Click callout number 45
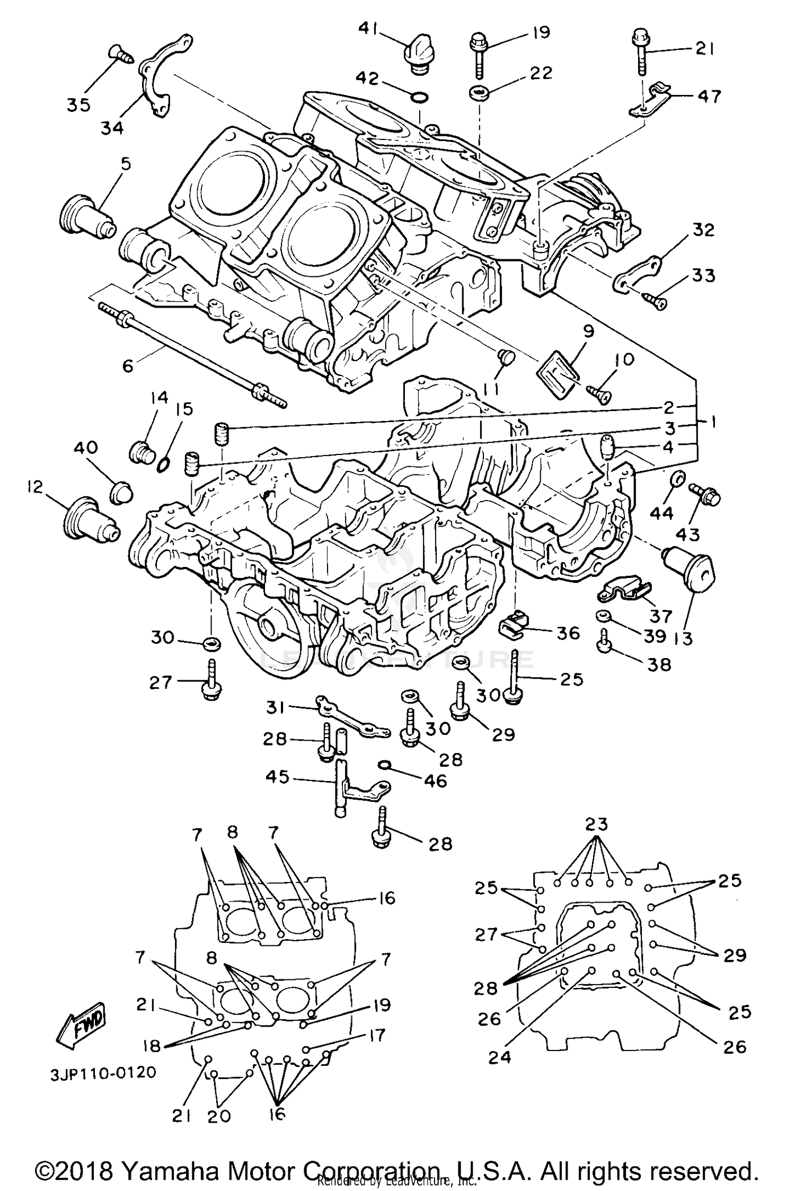coord(277,777)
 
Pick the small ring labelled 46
coord(385,764)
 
